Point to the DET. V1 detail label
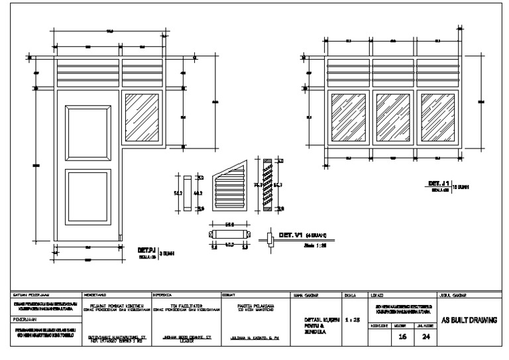coord(291,235)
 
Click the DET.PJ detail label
coord(146,250)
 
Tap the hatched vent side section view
coord(267,185)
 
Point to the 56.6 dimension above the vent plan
coord(229,225)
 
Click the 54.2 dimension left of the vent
coord(177,193)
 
